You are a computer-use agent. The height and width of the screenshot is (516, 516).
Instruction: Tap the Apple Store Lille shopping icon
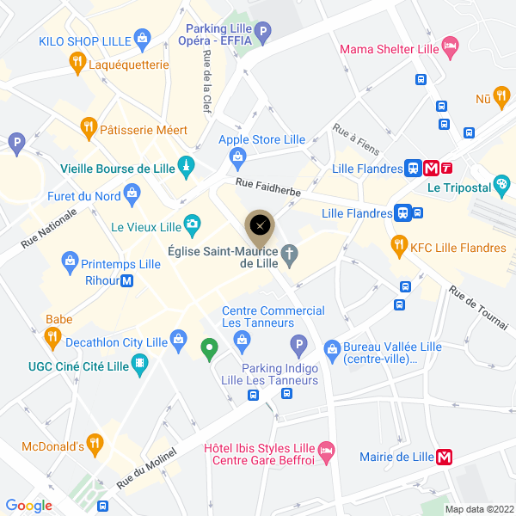[238, 157]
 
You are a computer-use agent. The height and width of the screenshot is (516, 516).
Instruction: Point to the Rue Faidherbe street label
[268, 188]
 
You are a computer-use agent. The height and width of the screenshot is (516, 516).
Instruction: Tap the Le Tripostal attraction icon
[503, 186]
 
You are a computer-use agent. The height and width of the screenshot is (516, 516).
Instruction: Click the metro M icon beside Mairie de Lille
[445, 457]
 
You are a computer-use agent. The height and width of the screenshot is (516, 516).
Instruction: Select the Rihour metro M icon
[127, 279]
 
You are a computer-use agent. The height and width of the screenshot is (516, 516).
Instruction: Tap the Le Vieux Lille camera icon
[193, 226]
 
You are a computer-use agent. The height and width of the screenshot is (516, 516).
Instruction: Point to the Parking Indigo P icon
[298, 347]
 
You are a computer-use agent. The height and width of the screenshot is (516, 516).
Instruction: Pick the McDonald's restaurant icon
[95, 445]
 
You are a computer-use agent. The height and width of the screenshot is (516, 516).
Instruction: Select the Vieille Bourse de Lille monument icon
[186, 167]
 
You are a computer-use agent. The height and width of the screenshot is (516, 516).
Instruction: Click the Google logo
[28, 506]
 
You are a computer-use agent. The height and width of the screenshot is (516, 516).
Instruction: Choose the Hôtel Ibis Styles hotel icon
[325, 450]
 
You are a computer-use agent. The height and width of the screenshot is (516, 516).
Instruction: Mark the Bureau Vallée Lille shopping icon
[332, 348]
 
